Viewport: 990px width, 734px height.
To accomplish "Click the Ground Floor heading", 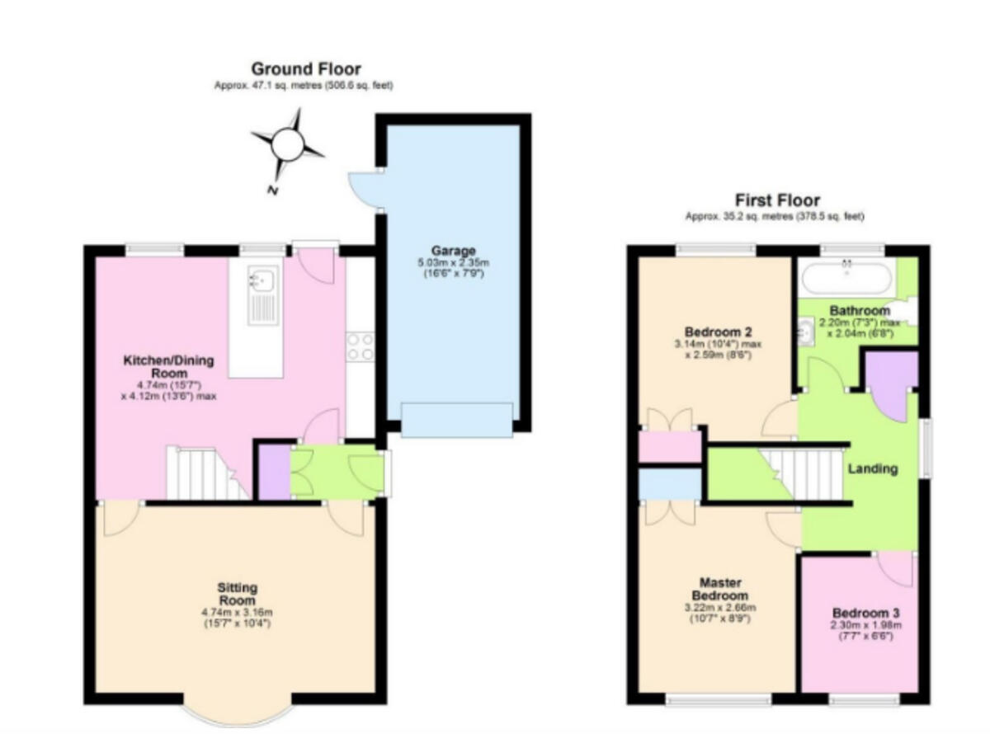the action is coord(306,69).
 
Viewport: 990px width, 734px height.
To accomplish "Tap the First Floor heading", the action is coord(777,200).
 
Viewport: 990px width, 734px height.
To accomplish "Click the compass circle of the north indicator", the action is coord(287,144).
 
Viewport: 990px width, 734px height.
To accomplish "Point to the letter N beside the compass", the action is coord(273,191).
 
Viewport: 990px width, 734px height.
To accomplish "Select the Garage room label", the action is coord(453,251).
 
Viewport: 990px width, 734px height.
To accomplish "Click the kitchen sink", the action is coord(263,294).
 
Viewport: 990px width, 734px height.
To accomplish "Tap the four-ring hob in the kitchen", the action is coord(361,346).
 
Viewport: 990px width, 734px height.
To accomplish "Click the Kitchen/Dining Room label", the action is coord(169,367).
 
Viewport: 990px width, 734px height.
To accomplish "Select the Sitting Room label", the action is coord(238,594).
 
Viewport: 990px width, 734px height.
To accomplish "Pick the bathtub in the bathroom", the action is coord(846,278).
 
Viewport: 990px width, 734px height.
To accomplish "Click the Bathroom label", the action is coord(860,311).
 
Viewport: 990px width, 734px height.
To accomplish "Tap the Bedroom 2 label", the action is coord(719,332).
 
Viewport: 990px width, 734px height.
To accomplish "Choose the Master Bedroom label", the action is coord(720,589).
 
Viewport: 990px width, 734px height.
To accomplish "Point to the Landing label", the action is coord(873,469).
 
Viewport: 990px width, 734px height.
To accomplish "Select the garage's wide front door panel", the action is coord(457,420).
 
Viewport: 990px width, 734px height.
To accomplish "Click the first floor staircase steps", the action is coord(801,474).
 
